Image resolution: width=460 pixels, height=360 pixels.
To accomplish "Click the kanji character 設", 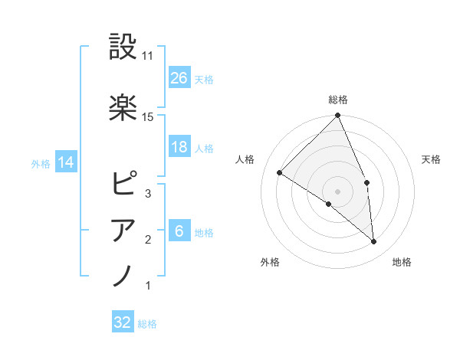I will click(123, 47).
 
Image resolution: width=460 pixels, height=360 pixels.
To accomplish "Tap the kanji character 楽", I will click(123, 107).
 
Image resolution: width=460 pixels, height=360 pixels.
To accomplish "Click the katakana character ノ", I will click(123, 275).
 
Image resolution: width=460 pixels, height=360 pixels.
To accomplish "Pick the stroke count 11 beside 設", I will click(149, 56).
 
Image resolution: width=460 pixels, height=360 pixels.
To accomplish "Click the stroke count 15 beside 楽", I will click(149, 116).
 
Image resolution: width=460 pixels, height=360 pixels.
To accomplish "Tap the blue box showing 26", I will click(179, 77).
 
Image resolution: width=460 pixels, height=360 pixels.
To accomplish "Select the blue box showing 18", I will click(179, 147).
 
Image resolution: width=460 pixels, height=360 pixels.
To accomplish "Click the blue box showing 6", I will click(179, 231).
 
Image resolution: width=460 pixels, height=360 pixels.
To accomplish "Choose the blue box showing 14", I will click(65, 162).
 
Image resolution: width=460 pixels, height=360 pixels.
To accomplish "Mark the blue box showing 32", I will click(123, 322).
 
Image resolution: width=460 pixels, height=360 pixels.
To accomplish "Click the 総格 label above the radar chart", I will click(338, 100).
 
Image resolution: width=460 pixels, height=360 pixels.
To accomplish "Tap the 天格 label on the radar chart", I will click(432, 159).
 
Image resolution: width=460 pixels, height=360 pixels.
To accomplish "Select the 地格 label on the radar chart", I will click(402, 262).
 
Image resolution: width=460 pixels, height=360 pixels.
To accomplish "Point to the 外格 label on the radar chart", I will click(269, 262).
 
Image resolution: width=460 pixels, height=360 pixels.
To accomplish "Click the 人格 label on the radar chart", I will click(245, 159).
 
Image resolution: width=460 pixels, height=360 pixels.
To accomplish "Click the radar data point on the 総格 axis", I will click(338, 116).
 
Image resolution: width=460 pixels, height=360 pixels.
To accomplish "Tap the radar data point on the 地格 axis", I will click(374, 241).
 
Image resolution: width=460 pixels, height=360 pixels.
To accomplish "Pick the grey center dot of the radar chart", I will click(337, 190).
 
